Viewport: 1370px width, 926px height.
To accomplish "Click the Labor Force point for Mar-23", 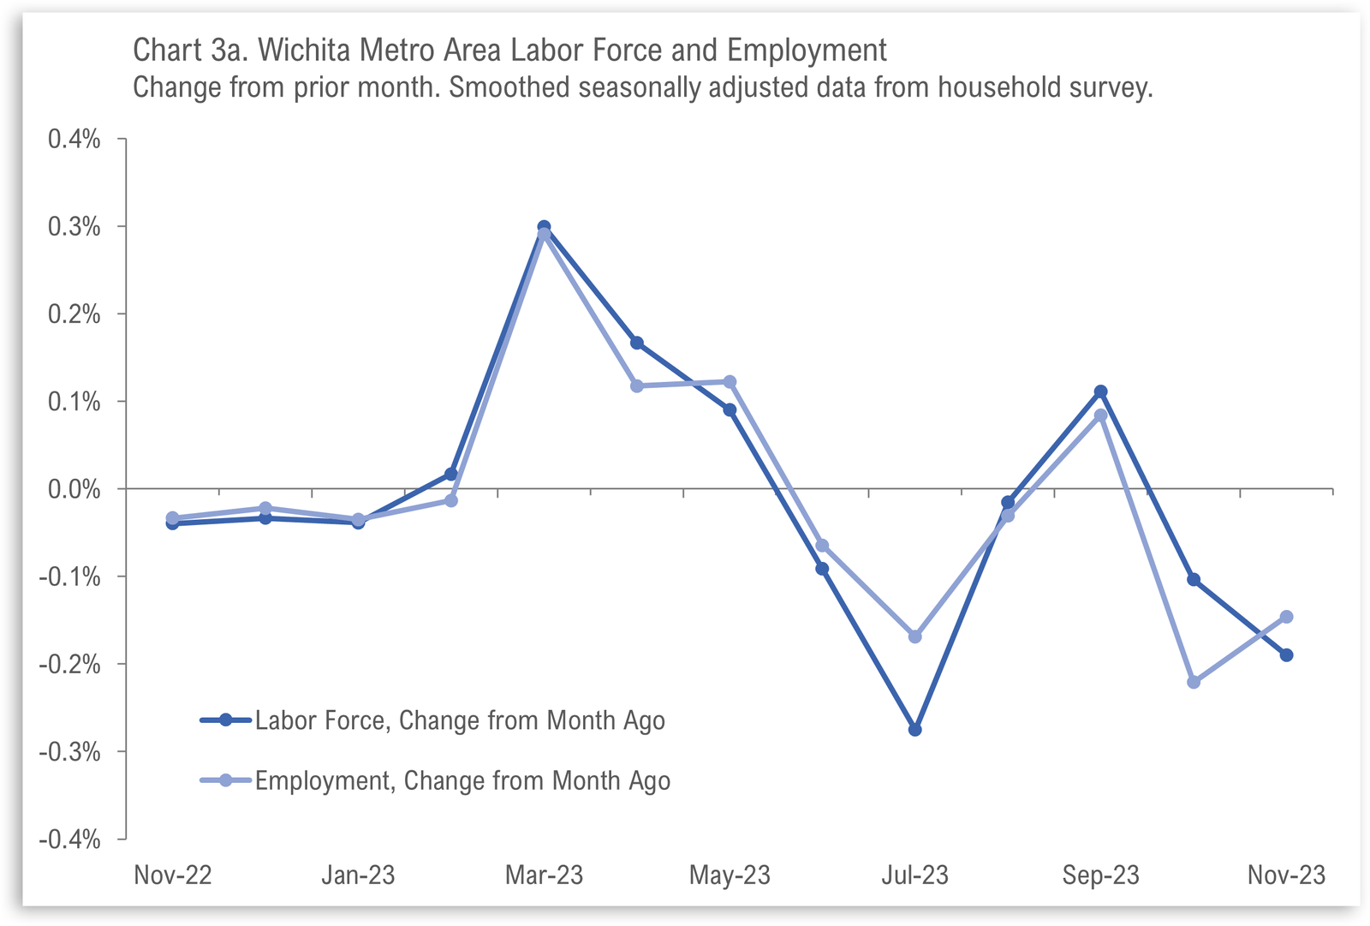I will click(544, 227).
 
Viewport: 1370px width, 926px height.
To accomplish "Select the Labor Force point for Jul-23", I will click(914, 730).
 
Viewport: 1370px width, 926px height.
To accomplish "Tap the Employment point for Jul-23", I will click(914, 636).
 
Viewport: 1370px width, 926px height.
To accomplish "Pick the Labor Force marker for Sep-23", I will click(1100, 391).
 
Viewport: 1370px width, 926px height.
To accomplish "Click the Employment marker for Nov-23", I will click(1286, 617).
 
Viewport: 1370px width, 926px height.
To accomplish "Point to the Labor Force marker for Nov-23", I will click(1286, 655).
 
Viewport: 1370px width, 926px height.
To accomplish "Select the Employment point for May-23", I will click(730, 382).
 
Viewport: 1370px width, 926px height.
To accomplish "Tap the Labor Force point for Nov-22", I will click(172, 523).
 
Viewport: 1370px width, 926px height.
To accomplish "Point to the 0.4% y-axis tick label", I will click(74, 139).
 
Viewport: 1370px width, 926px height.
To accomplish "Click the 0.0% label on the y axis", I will click(74, 489).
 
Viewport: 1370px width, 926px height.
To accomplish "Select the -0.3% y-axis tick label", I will click(70, 752).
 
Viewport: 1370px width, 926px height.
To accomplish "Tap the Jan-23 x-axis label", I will click(358, 875).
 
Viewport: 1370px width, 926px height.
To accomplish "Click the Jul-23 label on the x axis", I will click(914, 875).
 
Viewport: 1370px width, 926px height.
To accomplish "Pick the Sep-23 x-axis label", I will click(1100, 875).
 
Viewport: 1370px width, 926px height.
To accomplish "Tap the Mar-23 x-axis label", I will click(544, 875).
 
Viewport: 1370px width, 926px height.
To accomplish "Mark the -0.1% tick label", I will click(70, 577).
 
